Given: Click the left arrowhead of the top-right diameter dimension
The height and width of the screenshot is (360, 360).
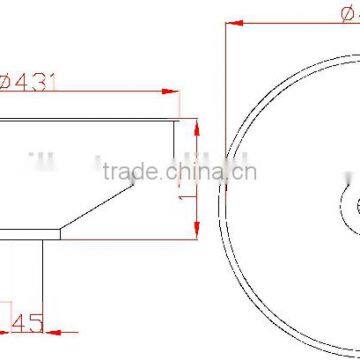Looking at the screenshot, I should click(229, 20).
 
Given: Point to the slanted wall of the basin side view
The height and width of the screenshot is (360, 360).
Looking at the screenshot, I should click(100, 208).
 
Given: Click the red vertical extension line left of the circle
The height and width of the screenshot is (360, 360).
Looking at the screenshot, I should click(223, 60).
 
